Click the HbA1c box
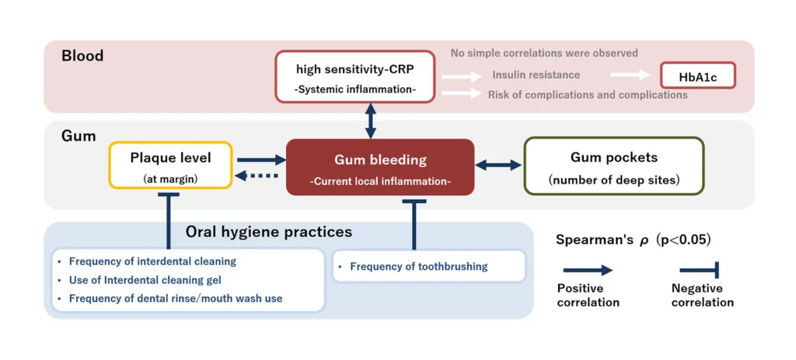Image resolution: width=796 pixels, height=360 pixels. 697,75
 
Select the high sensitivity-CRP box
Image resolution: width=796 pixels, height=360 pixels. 354,77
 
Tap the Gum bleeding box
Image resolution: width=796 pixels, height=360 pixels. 380,167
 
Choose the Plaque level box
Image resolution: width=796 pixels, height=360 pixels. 170,165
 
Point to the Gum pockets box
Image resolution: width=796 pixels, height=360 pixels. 613,166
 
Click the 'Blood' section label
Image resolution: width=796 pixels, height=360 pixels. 82,56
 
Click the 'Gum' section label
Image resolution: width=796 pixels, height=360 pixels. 79,136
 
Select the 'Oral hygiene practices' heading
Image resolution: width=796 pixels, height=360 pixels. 268,232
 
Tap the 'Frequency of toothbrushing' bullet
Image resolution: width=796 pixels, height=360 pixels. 418,267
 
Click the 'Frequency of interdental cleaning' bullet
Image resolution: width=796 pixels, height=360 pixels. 152,261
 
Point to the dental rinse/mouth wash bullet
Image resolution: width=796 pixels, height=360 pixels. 175,299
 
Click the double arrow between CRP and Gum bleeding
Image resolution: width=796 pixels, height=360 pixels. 371,121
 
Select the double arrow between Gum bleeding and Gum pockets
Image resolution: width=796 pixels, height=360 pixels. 498,165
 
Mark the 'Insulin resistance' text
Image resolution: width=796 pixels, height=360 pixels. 536,75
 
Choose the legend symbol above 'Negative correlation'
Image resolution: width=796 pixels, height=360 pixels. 699,271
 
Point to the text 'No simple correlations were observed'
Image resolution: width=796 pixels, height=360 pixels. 544,54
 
